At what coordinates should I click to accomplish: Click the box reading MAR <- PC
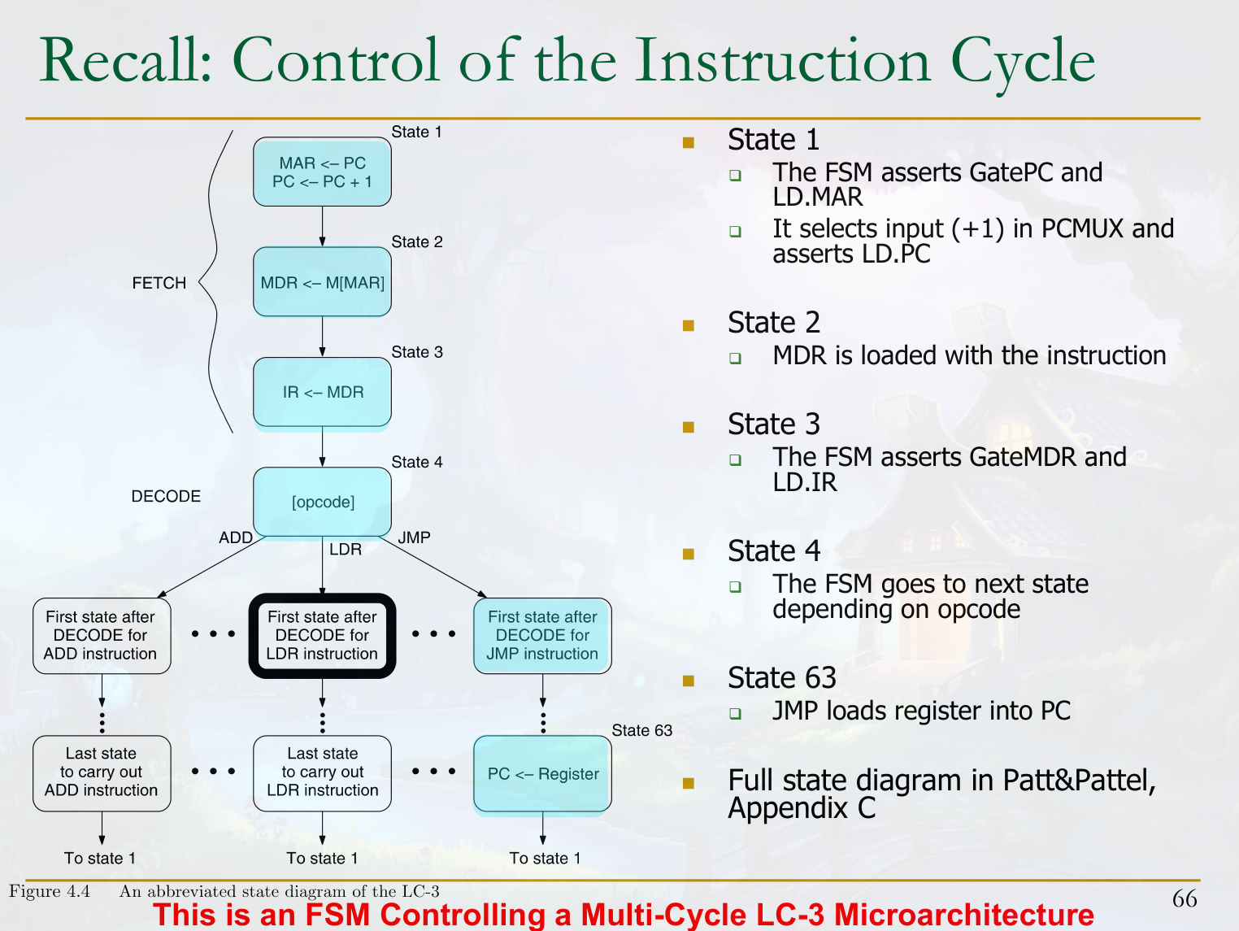pos(322,172)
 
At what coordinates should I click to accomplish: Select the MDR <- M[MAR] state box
pos(322,282)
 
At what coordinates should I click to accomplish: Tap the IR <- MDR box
pos(322,392)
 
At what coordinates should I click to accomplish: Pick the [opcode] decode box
pos(322,502)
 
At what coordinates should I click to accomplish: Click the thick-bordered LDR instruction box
pos(322,635)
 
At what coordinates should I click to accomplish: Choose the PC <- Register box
pos(542,773)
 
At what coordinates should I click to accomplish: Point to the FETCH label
pos(159,283)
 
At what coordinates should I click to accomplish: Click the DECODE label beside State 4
pos(166,496)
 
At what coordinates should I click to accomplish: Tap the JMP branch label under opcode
pos(414,537)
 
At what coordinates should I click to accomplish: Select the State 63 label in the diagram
pos(641,730)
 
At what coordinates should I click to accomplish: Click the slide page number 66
pos(1184,898)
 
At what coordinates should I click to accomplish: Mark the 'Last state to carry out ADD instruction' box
pos(102,772)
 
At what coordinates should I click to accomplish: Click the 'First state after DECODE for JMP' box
pos(542,635)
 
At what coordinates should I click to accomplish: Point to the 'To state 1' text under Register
pos(545,858)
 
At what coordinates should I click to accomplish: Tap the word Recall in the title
pos(125,61)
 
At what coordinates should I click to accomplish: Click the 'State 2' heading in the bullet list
pos(773,323)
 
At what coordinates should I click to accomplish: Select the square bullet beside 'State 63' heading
pos(689,681)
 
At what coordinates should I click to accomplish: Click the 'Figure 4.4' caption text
pos(50,891)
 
